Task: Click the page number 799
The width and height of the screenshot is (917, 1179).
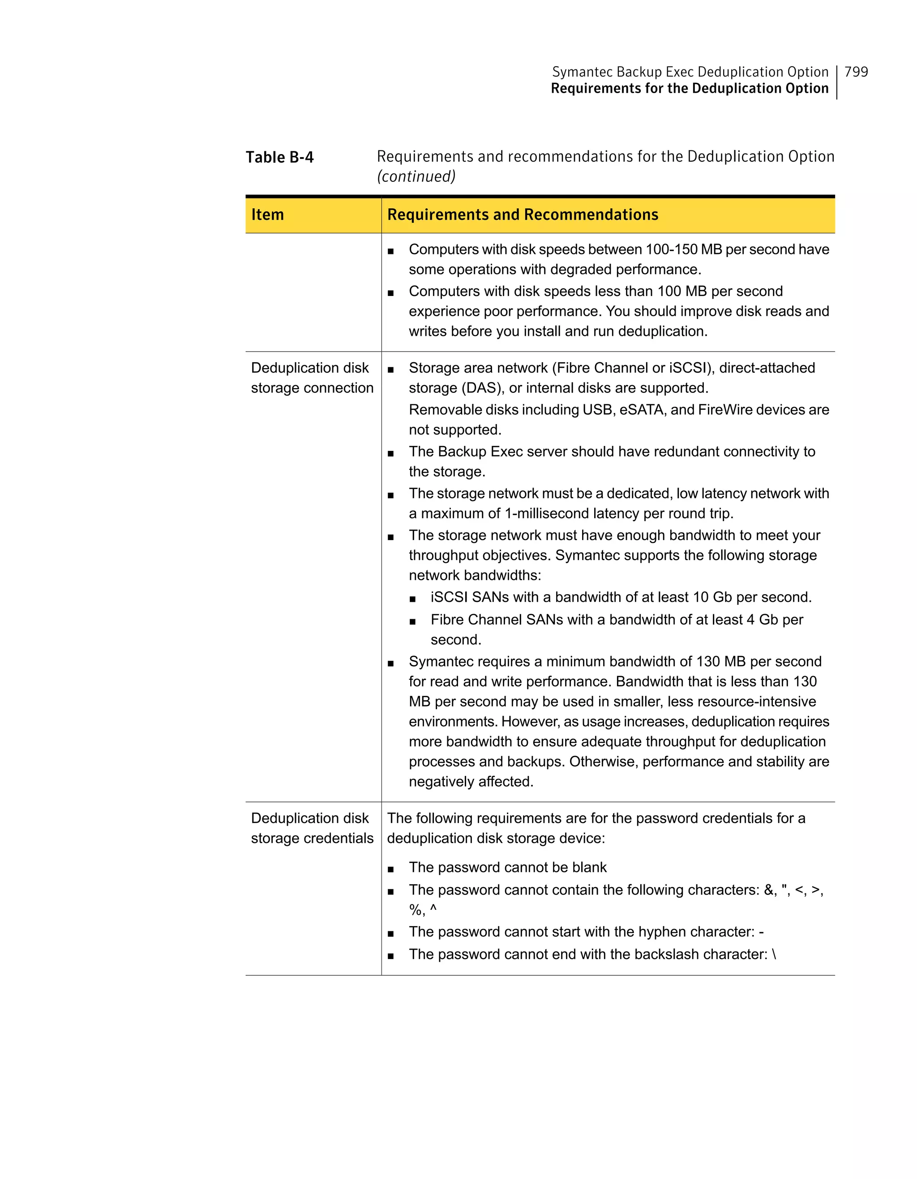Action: click(x=856, y=72)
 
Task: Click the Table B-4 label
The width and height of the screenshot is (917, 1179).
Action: click(x=279, y=157)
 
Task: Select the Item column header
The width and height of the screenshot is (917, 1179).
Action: click(x=267, y=215)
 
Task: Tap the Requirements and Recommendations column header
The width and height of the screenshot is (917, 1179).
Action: click(x=523, y=215)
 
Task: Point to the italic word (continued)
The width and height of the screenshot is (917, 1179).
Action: click(x=416, y=176)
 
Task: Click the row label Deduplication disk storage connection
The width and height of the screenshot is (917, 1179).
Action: click(x=312, y=378)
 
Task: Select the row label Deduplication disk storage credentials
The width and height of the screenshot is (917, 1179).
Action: click(x=312, y=828)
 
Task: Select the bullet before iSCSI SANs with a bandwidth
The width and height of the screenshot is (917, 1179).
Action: click(x=412, y=599)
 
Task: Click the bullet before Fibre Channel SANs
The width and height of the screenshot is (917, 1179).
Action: click(x=412, y=621)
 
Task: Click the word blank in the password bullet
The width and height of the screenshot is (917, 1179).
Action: click(x=589, y=867)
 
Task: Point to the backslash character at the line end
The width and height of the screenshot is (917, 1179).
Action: click(x=774, y=954)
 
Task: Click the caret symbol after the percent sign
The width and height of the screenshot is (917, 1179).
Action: click(x=433, y=909)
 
